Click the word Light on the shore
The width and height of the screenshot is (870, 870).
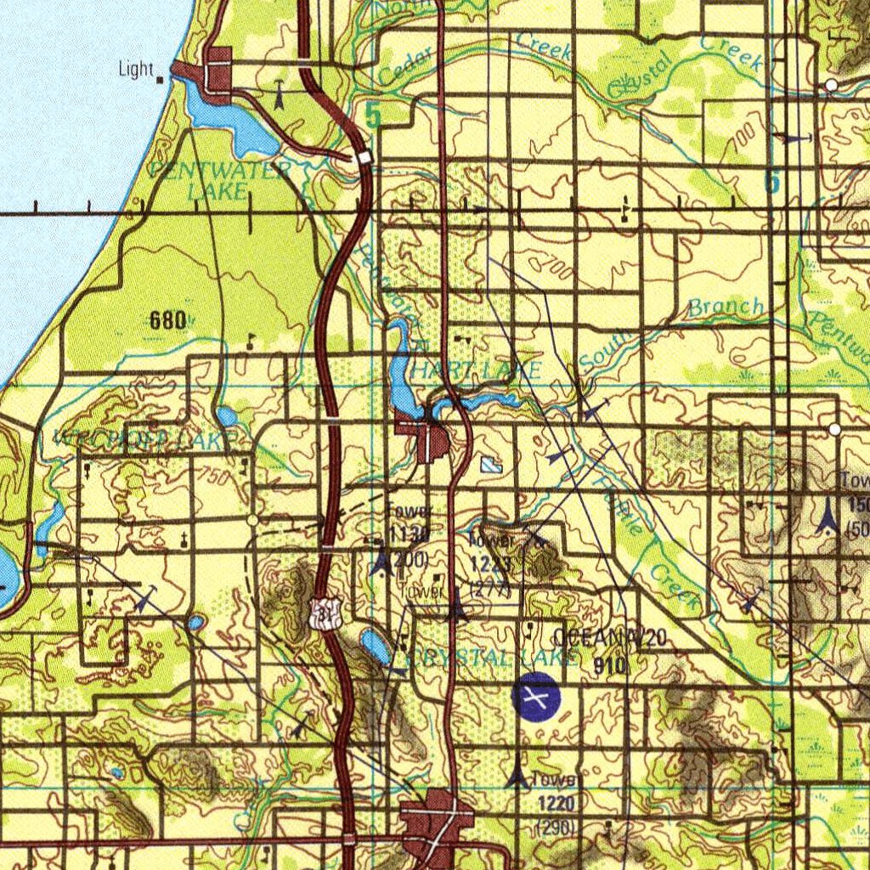[136, 70]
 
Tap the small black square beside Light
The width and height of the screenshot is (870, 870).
[161, 80]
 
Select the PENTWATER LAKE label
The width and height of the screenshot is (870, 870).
[219, 180]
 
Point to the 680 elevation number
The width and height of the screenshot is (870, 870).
[167, 320]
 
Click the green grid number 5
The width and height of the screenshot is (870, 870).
[372, 116]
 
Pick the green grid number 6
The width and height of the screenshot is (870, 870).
[771, 181]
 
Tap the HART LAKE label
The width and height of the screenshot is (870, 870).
[476, 370]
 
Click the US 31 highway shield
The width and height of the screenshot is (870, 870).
[323, 613]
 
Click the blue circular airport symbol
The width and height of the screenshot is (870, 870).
[536, 698]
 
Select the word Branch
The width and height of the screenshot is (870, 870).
[726, 307]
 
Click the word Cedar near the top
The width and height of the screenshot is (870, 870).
[406, 66]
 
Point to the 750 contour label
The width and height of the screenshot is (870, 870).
[216, 477]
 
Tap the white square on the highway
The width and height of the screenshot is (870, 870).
[364, 158]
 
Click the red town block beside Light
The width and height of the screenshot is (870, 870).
[217, 76]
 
